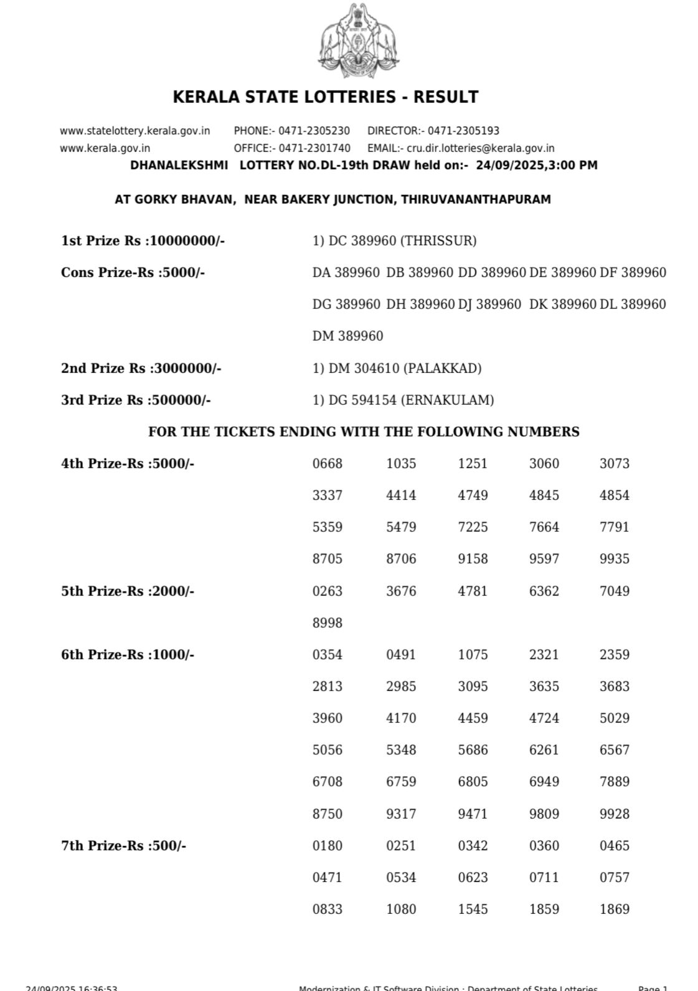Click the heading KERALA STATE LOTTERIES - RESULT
[x=325, y=97]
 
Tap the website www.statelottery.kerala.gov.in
[x=134, y=131]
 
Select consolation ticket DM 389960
[x=348, y=336]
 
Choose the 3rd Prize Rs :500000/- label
[x=136, y=400]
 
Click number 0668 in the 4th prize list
[x=328, y=464]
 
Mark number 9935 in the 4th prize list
[x=615, y=559]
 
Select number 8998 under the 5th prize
[x=328, y=623]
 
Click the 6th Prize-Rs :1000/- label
[x=128, y=655]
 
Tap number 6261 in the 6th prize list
[x=544, y=750]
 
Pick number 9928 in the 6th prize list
[x=615, y=814]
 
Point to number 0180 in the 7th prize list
[x=328, y=846]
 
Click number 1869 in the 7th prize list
[x=615, y=909]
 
